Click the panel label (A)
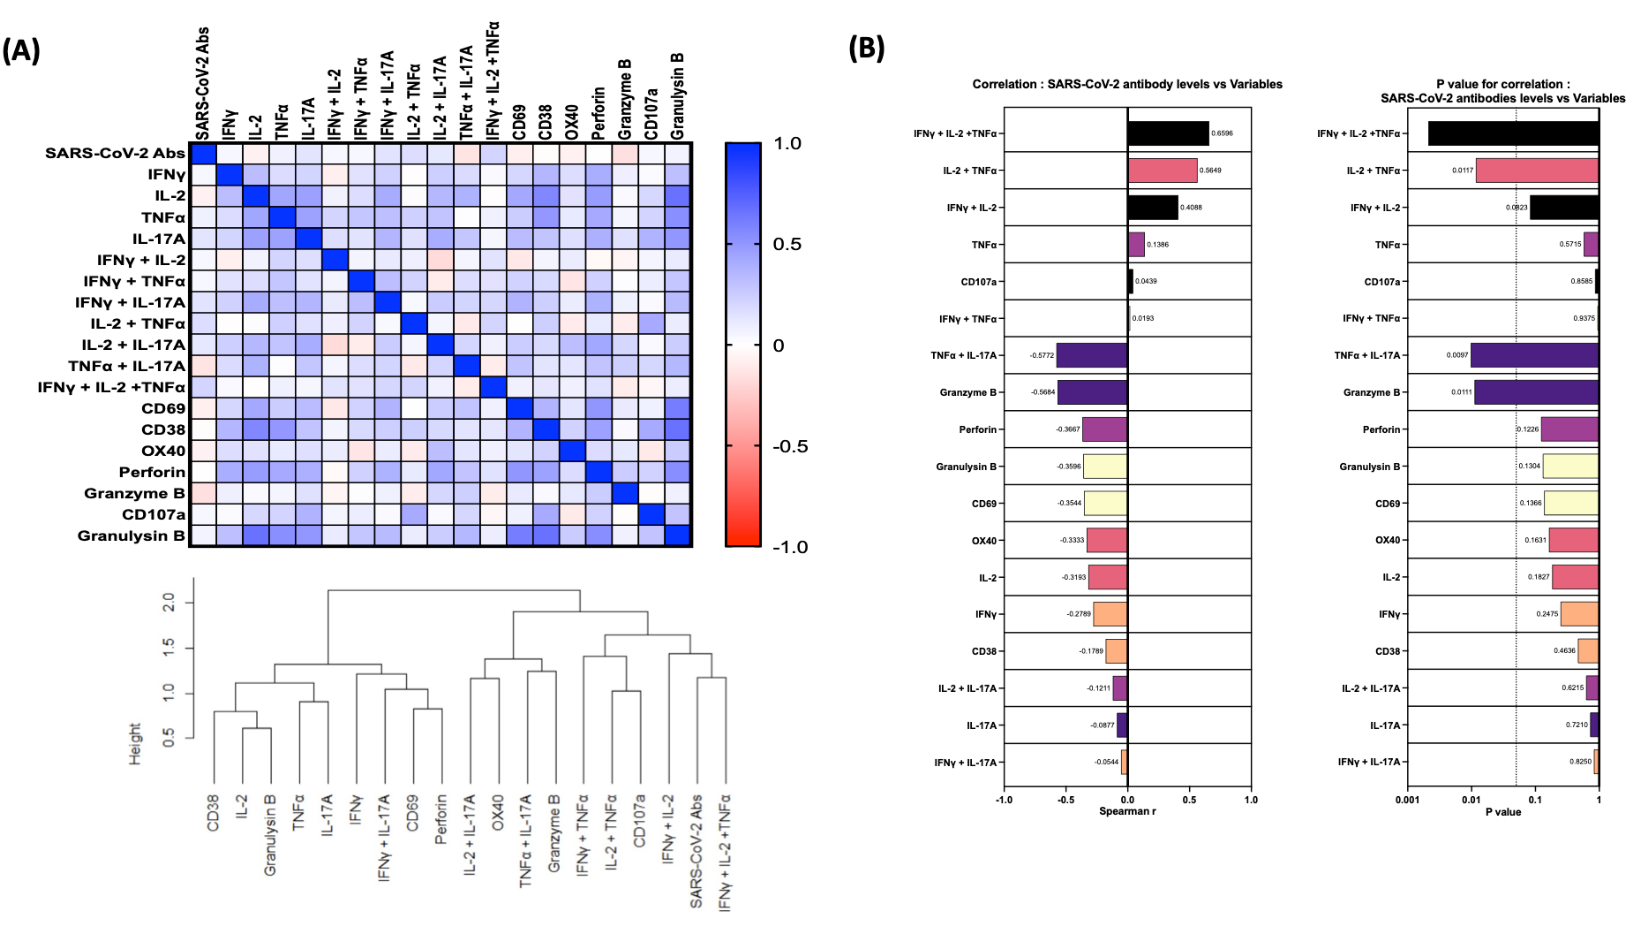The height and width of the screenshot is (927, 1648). coord(21,51)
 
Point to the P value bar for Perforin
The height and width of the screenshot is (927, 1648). coord(1569,429)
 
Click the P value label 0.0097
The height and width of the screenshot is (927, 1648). coord(1457,355)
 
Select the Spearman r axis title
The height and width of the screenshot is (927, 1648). coord(1127,811)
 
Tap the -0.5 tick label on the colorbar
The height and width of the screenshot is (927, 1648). coord(790,446)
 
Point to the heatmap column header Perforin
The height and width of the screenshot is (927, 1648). coord(598,113)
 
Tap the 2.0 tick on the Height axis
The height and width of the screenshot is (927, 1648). coord(169,602)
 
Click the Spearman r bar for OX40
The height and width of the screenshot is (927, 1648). coord(1107,540)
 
